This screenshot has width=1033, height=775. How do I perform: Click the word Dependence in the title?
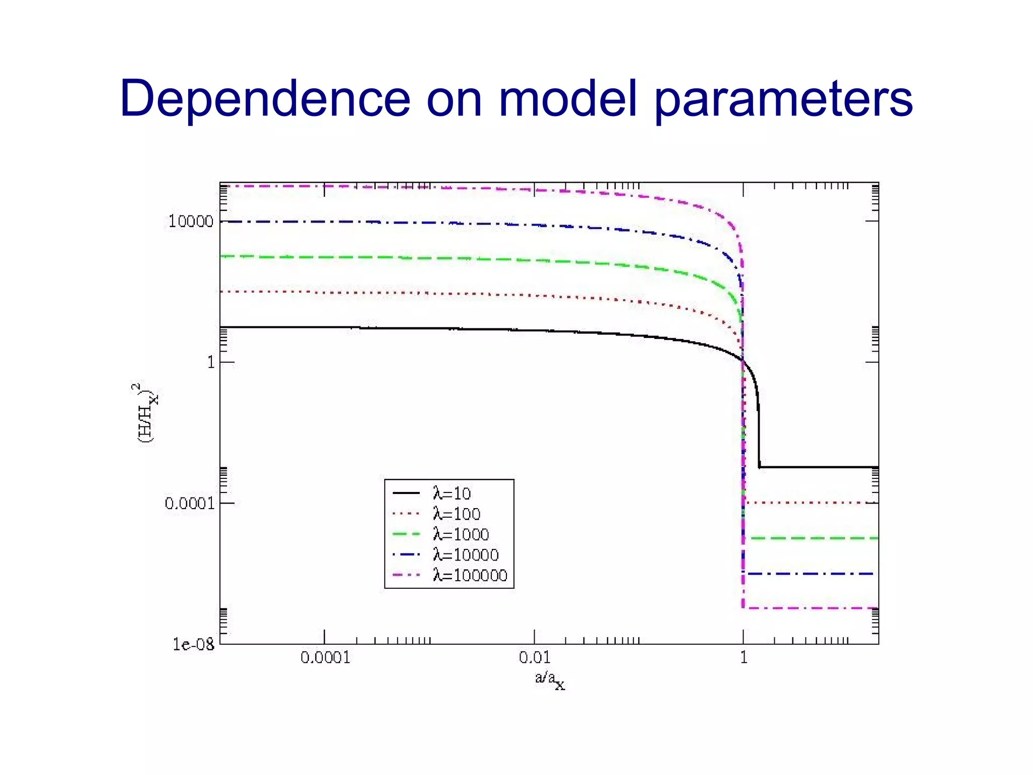coord(265,98)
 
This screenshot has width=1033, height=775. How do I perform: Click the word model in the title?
coord(567,98)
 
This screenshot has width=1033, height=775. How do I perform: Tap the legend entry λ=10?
coord(451,493)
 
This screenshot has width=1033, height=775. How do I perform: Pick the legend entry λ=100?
coord(456,514)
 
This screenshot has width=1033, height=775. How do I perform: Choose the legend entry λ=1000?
coord(461,534)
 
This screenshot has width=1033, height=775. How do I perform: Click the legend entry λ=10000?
coord(466,555)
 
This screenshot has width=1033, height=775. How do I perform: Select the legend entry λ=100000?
coord(470,576)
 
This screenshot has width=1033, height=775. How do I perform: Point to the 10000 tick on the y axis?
coord(191,222)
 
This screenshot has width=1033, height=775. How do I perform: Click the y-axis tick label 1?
coord(211,362)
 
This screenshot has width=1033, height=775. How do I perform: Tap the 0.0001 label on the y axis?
coord(189,503)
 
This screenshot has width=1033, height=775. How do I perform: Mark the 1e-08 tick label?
coord(193,644)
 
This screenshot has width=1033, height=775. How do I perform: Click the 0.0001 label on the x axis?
coord(325,657)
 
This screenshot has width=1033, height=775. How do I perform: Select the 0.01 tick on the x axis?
coord(534,657)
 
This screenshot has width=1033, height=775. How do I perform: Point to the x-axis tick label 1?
coord(743,657)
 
